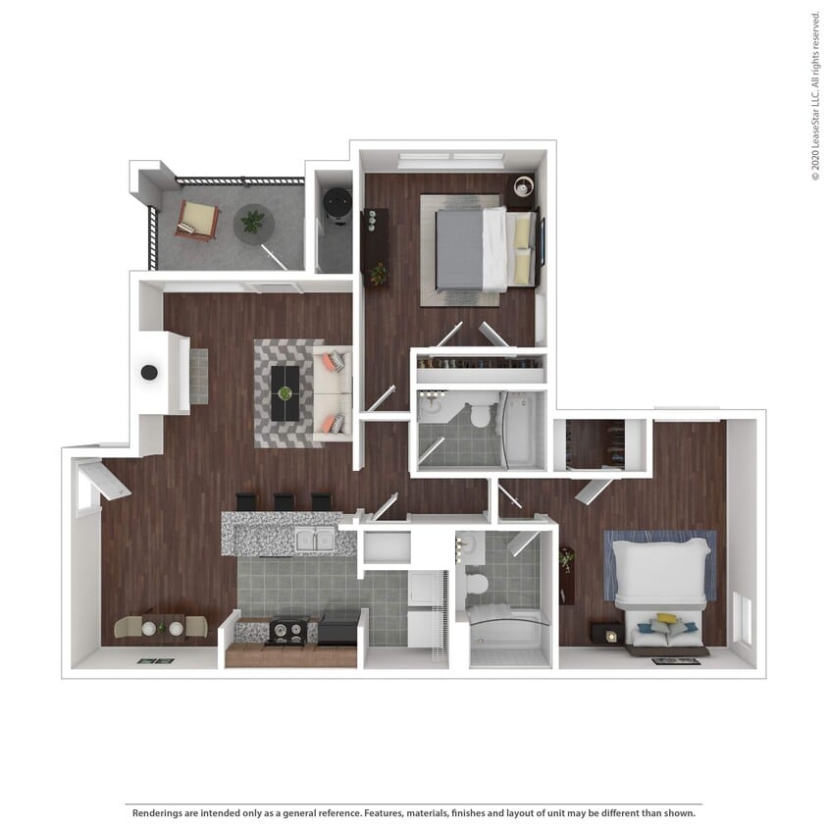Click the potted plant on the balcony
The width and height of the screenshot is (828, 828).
253,223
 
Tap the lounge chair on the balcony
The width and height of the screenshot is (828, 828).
197,220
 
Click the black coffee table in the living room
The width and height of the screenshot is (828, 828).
285,393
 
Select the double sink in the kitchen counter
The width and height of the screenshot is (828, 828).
314,538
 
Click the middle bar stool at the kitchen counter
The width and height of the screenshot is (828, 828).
284,501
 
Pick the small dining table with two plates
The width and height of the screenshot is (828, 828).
162,626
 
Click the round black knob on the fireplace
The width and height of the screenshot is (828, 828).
149,372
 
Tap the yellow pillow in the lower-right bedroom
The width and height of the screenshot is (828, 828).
666,619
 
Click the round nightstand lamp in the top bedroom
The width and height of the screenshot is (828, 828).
522,184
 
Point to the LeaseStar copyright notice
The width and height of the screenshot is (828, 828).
815,95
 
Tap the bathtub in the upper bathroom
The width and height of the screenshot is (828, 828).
517,430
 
